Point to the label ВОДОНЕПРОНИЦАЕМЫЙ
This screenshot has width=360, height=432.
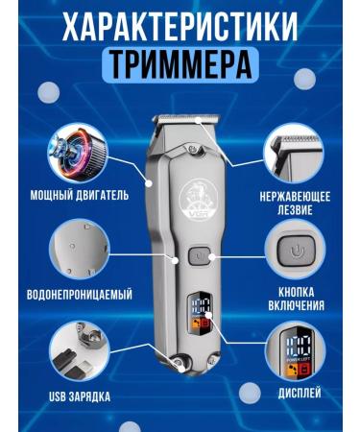[83, 294]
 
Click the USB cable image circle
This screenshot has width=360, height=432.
[81, 348]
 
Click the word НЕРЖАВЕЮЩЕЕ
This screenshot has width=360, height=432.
[294, 196]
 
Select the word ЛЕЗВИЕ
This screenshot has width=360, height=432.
[294, 208]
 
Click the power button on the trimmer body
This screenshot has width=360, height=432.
[198, 256]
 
